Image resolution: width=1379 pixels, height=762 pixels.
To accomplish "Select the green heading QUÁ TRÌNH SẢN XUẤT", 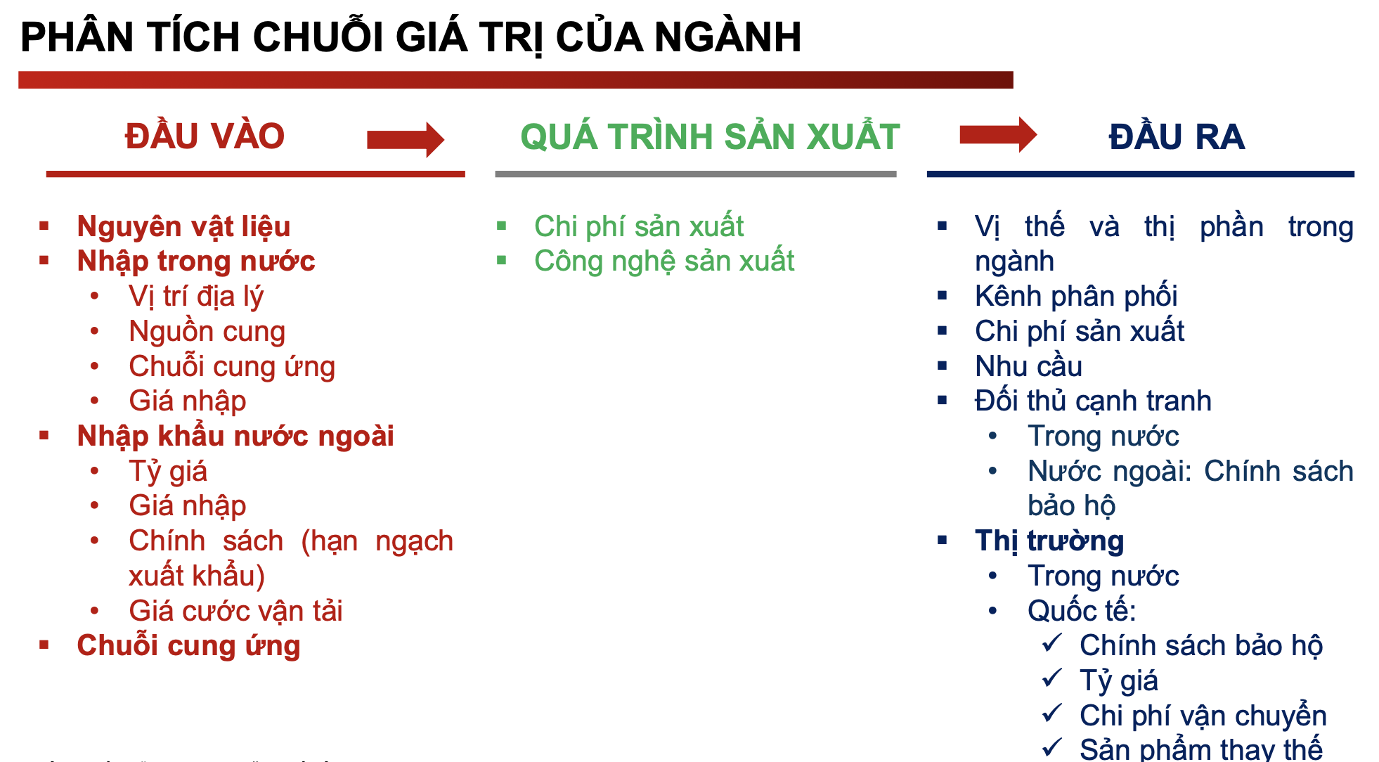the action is click(710, 136).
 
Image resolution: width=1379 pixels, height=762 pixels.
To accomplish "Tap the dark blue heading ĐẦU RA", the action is click(1177, 136).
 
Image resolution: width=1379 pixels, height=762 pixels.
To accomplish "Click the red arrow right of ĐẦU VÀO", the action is click(406, 139).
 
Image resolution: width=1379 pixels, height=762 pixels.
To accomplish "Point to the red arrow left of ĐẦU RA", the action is click(998, 134).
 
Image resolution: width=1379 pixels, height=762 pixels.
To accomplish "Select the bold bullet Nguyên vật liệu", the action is click(183, 226).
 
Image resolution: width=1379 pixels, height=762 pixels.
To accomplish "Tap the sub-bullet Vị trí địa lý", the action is click(196, 297).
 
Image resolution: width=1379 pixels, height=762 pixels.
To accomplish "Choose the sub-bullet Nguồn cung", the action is click(207, 332).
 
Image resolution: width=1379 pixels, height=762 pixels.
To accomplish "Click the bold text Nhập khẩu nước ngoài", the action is click(235, 436).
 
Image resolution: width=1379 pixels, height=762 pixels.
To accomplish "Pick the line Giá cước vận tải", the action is click(235, 611).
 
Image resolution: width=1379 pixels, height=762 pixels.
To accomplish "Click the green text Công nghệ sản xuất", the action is click(664, 261).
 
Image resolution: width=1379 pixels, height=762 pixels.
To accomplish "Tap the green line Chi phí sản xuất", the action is click(639, 226).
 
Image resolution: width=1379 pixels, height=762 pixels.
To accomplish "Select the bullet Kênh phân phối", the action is click(1076, 296).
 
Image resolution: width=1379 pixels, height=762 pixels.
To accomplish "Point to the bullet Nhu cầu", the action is click(1028, 366).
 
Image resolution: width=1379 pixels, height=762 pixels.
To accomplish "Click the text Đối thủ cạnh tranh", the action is click(1093, 401).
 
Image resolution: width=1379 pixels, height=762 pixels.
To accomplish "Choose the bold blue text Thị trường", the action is click(1049, 541).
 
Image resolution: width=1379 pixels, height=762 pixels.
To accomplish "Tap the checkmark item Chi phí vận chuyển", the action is click(1203, 716).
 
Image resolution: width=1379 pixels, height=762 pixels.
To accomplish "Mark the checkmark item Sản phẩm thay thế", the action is click(1201, 749).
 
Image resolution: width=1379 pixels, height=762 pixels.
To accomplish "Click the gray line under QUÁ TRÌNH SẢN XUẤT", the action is click(696, 174).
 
